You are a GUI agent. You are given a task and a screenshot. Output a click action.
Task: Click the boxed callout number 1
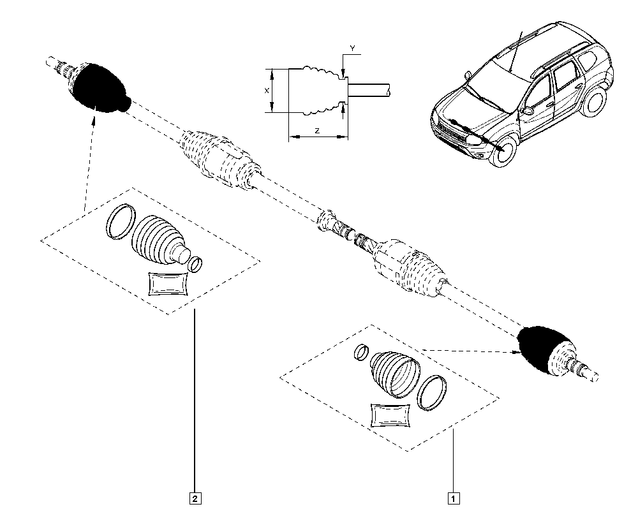click(x=454, y=498)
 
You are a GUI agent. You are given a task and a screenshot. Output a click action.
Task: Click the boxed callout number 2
click(x=195, y=498)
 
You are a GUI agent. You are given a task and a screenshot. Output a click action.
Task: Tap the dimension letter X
click(x=267, y=91)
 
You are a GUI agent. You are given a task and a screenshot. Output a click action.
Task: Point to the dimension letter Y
click(x=352, y=48)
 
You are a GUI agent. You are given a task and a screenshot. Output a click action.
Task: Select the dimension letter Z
click(x=317, y=131)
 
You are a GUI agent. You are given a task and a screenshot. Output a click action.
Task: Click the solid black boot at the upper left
click(x=100, y=87)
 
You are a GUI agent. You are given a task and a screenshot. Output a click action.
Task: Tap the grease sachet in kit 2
click(x=168, y=284)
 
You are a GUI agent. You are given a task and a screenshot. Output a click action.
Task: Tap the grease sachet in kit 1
click(x=390, y=416)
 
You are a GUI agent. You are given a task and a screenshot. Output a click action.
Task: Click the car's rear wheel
click(x=595, y=102)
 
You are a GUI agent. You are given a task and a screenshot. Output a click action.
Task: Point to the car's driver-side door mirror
click(x=529, y=110)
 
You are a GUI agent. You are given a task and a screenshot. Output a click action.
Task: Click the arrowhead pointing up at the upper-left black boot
click(x=94, y=121)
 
